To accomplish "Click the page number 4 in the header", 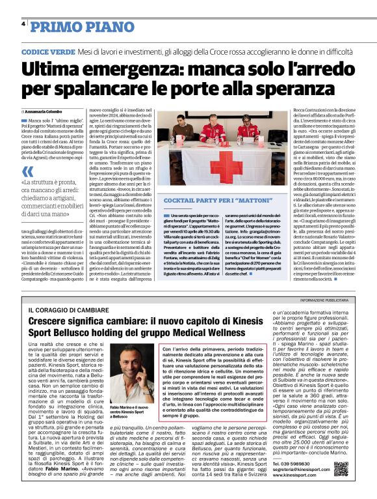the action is pos(23,23).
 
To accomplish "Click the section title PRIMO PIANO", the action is pos(72,26).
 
